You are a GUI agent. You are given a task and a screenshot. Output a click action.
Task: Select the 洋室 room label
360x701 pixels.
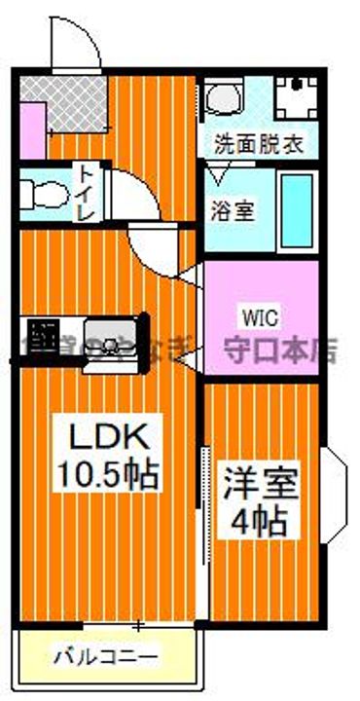point(261,485)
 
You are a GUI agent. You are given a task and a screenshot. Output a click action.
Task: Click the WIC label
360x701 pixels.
point(258,316)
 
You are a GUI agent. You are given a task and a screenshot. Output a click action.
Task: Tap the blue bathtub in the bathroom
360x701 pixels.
point(297,209)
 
